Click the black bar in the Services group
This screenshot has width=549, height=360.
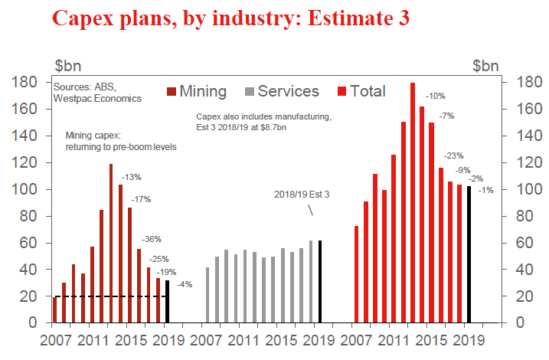(319, 281)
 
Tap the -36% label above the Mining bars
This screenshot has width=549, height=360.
(151, 239)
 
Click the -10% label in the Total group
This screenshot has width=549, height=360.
(435, 96)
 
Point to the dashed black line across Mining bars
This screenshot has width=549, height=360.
(107, 296)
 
